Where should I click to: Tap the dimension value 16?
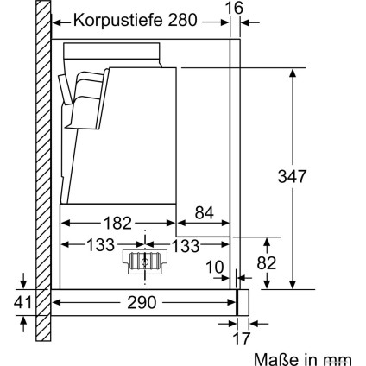pos(233,8)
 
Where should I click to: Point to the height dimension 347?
pos(320,176)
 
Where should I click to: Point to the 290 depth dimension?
pos(142,303)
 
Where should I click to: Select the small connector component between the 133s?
pos(143,262)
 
